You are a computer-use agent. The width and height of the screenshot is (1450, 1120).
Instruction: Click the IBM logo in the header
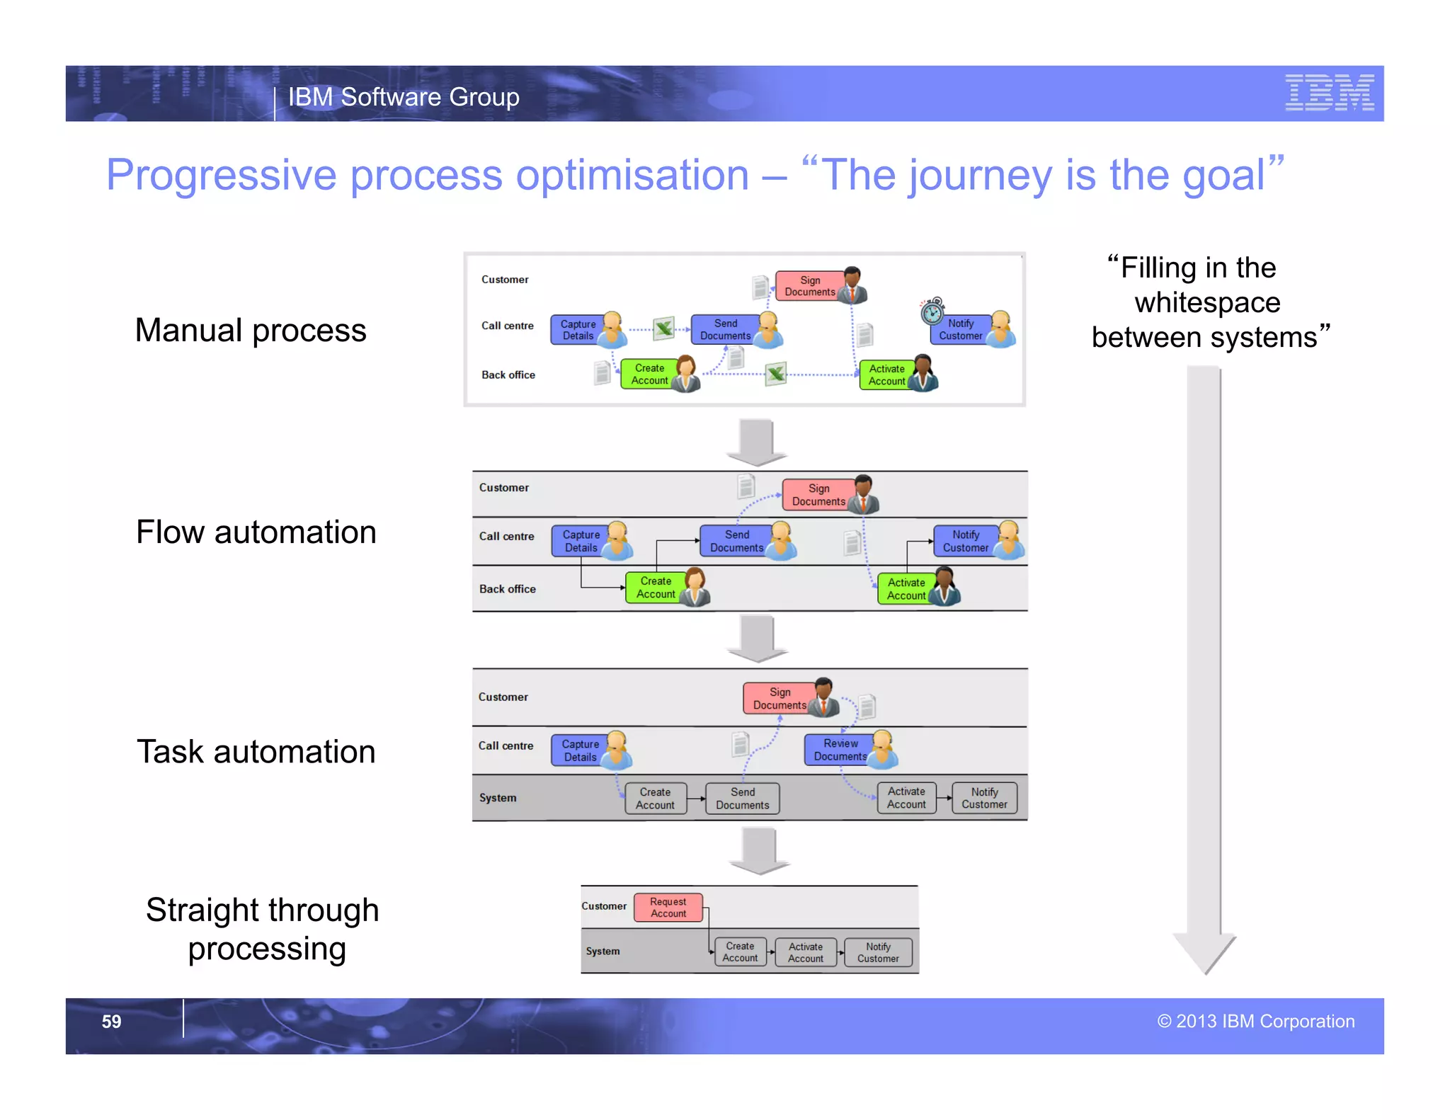click(1329, 93)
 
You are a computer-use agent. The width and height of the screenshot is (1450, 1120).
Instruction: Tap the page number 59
click(111, 1021)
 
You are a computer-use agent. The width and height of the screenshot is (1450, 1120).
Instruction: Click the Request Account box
click(668, 907)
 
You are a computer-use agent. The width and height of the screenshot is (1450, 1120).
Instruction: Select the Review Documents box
click(840, 750)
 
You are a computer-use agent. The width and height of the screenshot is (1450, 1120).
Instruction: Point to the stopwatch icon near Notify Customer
click(932, 311)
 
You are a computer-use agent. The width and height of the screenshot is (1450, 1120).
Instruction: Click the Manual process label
click(251, 331)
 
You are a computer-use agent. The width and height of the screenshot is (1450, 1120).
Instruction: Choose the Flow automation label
click(256, 532)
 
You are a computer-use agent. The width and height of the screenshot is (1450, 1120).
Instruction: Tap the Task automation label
click(256, 752)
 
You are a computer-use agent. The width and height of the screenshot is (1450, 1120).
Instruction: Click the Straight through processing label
click(263, 929)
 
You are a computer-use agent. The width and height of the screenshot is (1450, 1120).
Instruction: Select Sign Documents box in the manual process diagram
click(809, 286)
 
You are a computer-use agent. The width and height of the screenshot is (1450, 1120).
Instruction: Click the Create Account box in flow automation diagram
click(655, 588)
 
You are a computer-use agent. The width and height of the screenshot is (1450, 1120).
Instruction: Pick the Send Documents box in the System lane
click(742, 799)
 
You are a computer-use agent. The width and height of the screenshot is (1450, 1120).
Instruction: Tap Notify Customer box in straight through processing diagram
click(877, 952)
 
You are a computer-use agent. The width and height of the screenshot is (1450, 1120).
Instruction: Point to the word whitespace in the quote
click(1207, 303)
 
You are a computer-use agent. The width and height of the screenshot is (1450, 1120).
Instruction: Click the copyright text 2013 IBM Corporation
click(1255, 1021)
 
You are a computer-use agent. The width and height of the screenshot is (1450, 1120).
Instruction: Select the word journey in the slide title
click(981, 175)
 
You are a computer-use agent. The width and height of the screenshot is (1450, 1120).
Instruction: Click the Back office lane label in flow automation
click(507, 589)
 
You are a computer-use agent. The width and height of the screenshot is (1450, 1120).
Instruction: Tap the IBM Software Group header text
click(404, 97)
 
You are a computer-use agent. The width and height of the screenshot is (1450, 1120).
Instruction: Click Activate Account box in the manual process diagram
click(886, 375)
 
